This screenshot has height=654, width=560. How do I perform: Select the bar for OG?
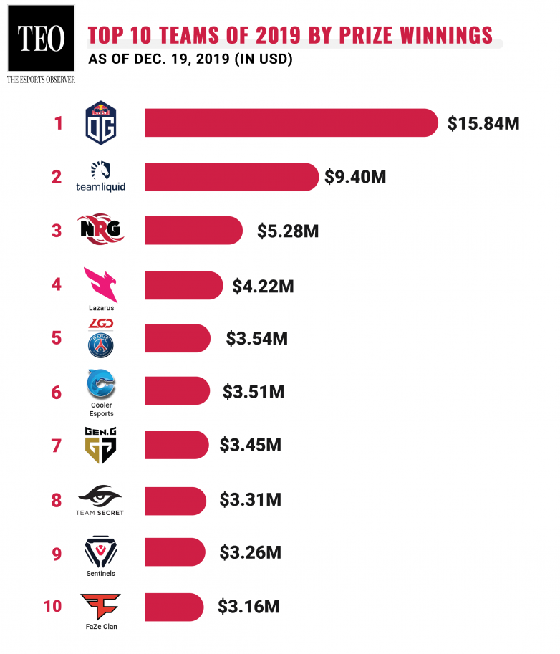click(291, 122)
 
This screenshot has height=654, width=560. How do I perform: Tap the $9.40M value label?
click(355, 176)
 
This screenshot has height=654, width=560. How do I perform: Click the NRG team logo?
click(101, 230)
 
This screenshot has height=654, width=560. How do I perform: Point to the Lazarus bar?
click(183, 285)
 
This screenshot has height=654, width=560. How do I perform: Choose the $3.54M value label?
click(256, 338)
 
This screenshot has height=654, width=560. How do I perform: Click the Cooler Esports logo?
click(101, 387)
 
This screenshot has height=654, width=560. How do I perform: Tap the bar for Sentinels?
click(177, 553)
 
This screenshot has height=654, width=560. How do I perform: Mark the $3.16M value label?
click(248, 607)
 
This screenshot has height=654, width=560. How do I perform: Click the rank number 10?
click(52, 607)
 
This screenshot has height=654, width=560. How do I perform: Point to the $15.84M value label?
click(483, 123)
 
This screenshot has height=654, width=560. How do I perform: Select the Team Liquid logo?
click(101, 176)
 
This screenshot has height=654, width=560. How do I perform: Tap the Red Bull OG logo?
click(101, 122)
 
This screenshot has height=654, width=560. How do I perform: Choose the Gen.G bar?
click(177, 446)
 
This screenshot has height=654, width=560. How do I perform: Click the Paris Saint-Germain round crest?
click(101, 345)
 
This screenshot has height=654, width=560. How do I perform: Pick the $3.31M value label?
click(250, 499)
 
